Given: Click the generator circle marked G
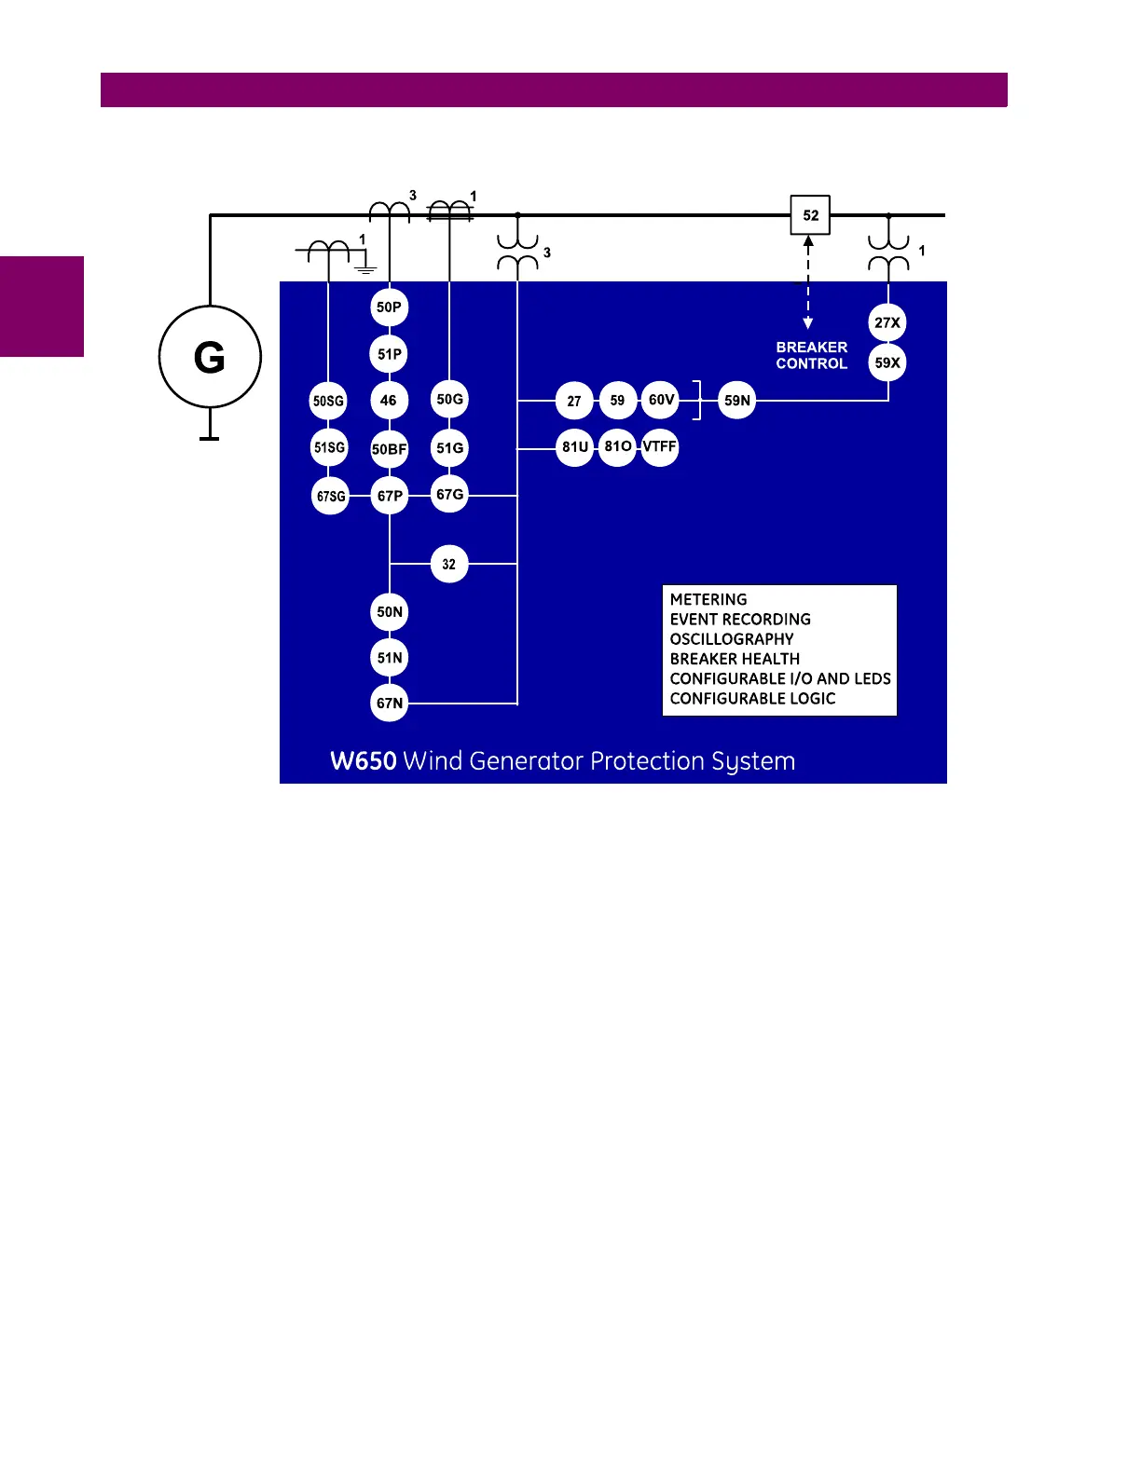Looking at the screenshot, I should pyautogui.click(x=210, y=357).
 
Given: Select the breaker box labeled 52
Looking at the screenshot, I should pyautogui.click(x=810, y=215).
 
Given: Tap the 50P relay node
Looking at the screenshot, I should pyautogui.click(x=390, y=307).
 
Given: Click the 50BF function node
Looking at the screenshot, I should pyautogui.click(x=390, y=449).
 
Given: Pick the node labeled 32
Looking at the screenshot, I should pyautogui.click(x=449, y=564).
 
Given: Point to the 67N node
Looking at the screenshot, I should pyautogui.click(x=390, y=703).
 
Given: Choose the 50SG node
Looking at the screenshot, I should pyautogui.click(x=328, y=401).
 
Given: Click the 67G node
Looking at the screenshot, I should pyautogui.click(x=449, y=495).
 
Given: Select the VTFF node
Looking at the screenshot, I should pyautogui.click(x=660, y=446).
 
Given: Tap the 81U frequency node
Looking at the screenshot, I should pyautogui.click(x=575, y=446).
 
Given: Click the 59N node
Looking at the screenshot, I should pyautogui.click(x=737, y=401).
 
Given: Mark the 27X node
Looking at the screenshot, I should pyautogui.click(x=887, y=322).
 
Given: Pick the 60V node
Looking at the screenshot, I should pyautogui.click(x=661, y=401).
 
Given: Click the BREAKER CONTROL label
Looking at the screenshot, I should pyautogui.click(x=812, y=355).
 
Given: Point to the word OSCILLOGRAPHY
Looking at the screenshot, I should pyautogui.click(x=732, y=639).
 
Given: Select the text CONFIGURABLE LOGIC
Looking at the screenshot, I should pyautogui.click(x=752, y=699).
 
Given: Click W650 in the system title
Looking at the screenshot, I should pyautogui.click(x=364, y=761).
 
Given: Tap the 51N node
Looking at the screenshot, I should pyautogui.click(x=390, y=658).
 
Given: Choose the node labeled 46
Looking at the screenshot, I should pyautogui.click(x=389, y=401).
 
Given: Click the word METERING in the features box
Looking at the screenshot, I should pyautogui.click(x=708, y=600).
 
